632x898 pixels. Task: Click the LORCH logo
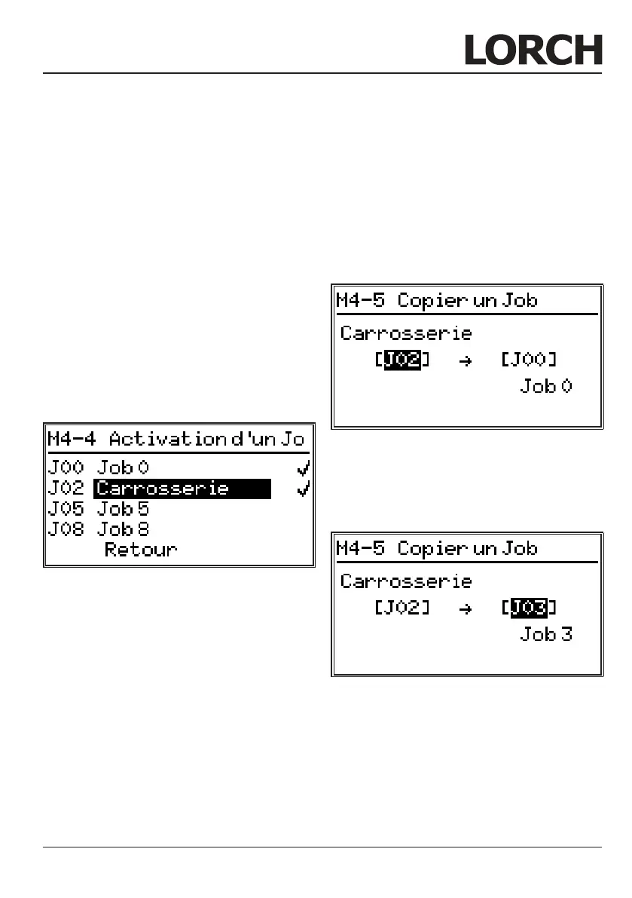(533, 50)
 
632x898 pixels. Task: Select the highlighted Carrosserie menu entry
(182, 489)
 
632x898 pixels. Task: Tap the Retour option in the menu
(141, 549)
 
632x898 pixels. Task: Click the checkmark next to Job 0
(303, 469)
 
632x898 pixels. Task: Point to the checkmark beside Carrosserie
(303, 489)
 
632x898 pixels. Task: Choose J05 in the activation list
(66, 509)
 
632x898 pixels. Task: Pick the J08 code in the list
(66, 529)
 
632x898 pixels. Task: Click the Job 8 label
(123, 529)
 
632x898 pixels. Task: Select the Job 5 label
(123, 509)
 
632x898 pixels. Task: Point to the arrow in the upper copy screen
(465, 360)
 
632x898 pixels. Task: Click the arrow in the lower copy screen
(465, 608)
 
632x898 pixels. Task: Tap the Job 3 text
(546, 634)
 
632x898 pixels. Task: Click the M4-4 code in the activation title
(72, 439)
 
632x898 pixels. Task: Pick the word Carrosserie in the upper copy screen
(406, 333)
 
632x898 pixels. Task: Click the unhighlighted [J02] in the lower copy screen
(401, 607)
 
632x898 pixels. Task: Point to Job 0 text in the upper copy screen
(546, 387)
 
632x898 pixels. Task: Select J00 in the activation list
(66, 468)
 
